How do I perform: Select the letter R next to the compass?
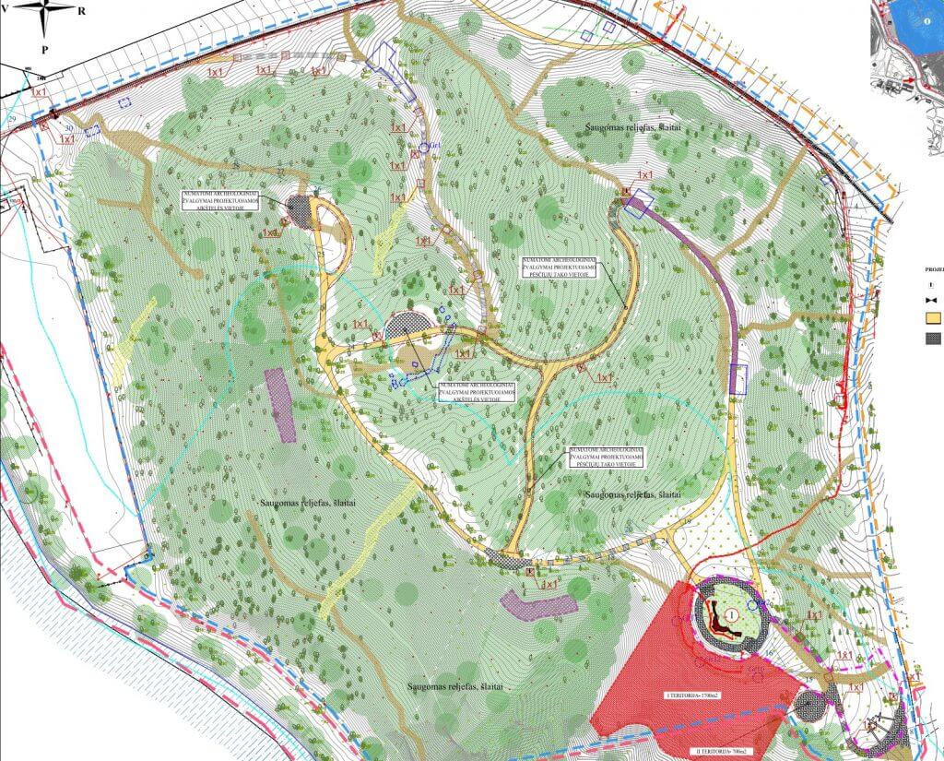point(83,10)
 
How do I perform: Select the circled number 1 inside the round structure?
point(730,613)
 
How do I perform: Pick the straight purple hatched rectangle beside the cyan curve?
point(280,404)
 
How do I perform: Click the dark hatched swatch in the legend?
point(934,339)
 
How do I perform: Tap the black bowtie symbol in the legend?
point(933,301)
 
